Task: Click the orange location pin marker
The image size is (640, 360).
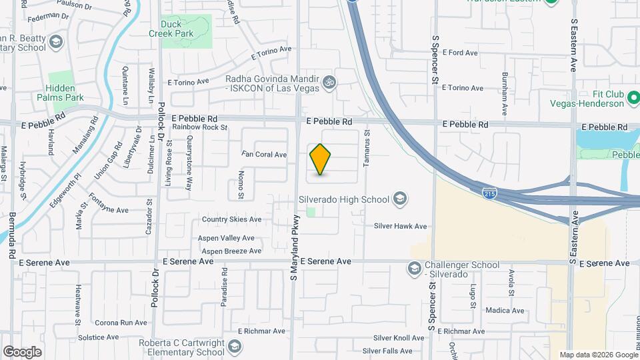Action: click(x=321, y=159)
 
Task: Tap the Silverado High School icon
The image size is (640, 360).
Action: click(x=399, y=199)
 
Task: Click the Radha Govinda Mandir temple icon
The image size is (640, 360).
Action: click(x=328, y=83)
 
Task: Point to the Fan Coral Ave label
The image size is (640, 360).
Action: click(x=264, y=155)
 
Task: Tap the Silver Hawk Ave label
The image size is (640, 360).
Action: click(x=400, y=227)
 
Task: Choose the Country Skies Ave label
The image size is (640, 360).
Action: click(x=232, y=219)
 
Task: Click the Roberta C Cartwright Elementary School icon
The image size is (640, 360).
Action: click(x=234, y=346)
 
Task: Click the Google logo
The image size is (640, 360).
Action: click(x=22, y=352)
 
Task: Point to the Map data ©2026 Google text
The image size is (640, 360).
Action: click(x=597, y=355)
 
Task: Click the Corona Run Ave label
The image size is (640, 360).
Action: click(x=121, y=323)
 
